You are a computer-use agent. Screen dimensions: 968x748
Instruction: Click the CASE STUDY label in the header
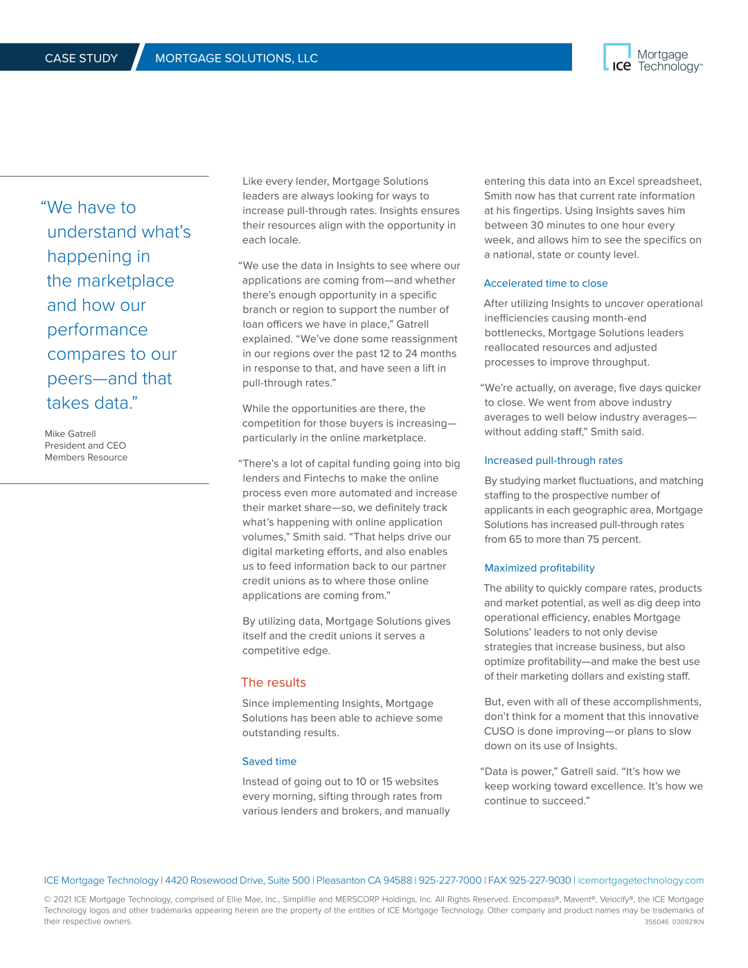(x=81, y=58)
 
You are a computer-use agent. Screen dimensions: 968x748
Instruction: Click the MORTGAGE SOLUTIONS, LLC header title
(x=236, y=58)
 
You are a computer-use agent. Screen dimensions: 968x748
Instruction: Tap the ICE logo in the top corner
(x=618, y=58)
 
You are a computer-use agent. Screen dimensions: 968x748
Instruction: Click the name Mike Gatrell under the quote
(x=70, y=434)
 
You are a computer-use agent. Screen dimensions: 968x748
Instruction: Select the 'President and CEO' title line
(x=85, y=446)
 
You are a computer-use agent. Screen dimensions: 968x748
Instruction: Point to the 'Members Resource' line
(x=86, y=458)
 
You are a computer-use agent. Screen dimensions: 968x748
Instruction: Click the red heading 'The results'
(x=274, y=683)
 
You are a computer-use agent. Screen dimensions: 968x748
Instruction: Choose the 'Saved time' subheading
(x=269, y=762)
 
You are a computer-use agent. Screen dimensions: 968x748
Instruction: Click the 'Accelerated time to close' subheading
(x=546, y=283)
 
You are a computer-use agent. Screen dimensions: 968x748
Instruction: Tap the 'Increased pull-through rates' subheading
(x=553, y=460)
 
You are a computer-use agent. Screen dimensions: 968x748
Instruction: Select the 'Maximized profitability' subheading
(x=540, y=568)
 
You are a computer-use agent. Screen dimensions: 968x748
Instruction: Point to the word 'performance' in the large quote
(x=98, y=330)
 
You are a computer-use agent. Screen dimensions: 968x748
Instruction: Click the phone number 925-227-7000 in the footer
(x=450, y=881)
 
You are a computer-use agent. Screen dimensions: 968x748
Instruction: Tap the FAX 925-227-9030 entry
(x=530, y=881)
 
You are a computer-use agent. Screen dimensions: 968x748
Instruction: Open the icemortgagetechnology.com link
(x=641, y=881)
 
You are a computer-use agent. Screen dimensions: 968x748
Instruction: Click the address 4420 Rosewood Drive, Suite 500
(x=238, y=881)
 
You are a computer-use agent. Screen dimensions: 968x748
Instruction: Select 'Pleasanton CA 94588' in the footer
(x=364, y=881)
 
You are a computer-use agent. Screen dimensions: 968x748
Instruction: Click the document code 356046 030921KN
(x=674, y=922)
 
